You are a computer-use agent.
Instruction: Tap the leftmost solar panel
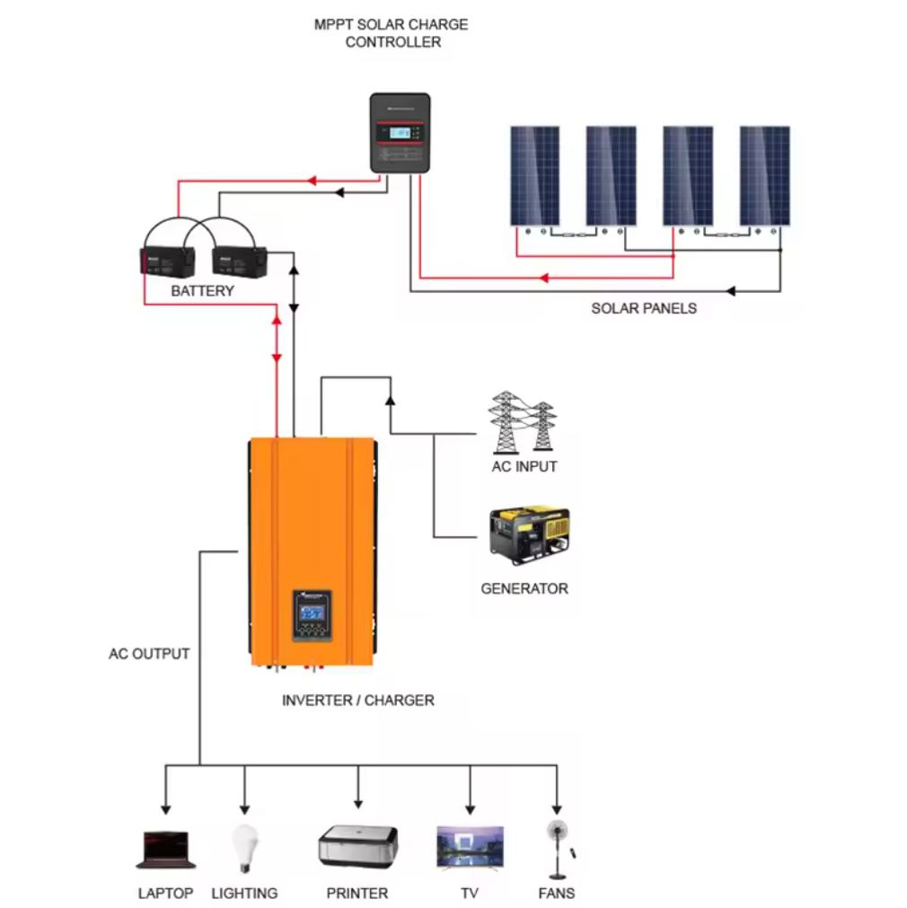tap(535, 175)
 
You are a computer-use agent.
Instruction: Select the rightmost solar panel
tap(765, 175)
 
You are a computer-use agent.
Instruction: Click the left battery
tap(168, 260)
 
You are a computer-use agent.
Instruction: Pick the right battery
tap(240, 260)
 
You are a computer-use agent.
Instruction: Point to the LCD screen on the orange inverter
tap(313, 612)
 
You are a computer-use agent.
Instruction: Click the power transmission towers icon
tap(522, 422)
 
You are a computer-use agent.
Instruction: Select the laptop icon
tap(166, 850)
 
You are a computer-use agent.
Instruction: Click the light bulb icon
tap(242, 847)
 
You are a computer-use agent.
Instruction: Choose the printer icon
tap(357, 846)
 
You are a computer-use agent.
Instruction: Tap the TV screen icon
tap(470, 847)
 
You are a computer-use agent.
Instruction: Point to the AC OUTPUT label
tap(149, 654)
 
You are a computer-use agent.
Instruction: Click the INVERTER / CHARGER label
tap(357, 700)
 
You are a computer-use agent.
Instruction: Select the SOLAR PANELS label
tap(644, 308)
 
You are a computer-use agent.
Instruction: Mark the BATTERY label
tap(202, 291)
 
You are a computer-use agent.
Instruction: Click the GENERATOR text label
tap(524, 589)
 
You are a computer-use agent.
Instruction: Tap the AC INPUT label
tap(524, 467)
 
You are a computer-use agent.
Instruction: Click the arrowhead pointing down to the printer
tap(358, 802)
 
